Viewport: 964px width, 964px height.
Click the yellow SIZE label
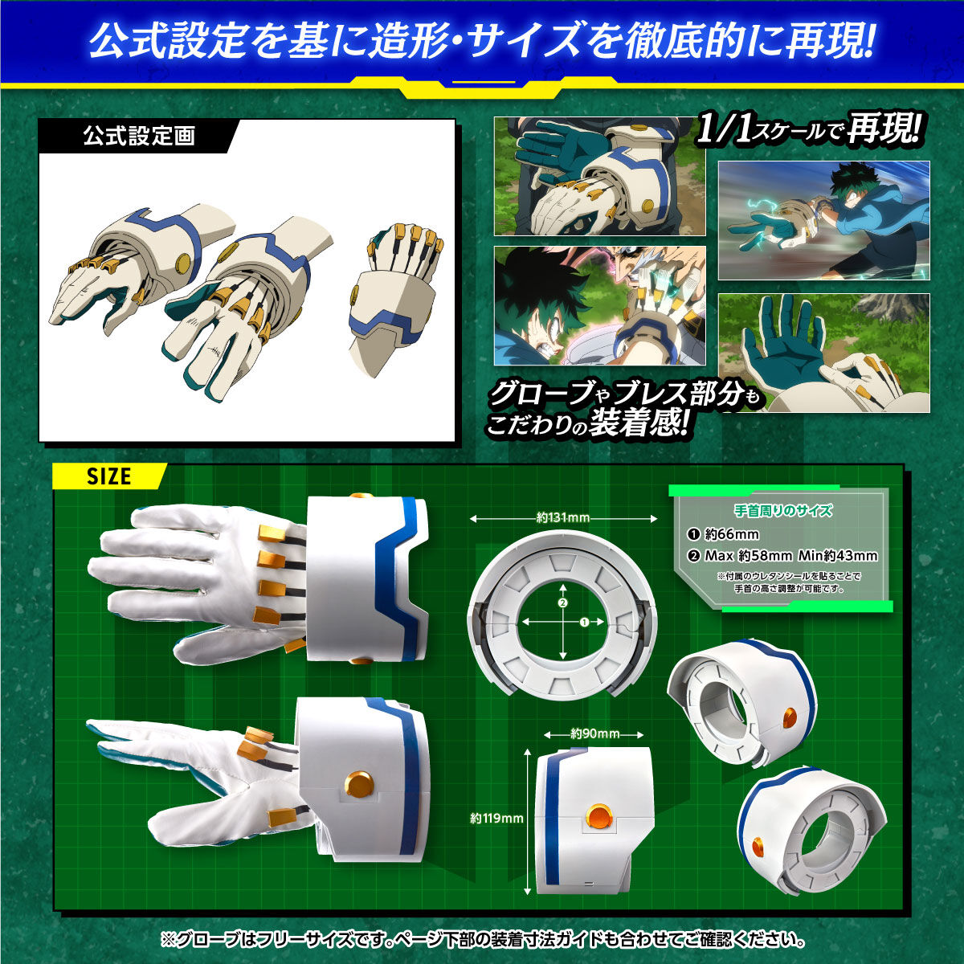tap(108, 476)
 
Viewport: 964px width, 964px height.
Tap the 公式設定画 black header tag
tap(138, 136)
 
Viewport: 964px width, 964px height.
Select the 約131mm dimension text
tap(562, 518)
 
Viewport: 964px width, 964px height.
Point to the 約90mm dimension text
tap(594, 733)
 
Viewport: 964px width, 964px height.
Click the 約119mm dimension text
tap(496, 819)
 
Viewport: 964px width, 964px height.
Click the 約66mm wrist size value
tap(731, 534)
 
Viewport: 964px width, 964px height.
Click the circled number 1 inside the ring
tap(584, 622)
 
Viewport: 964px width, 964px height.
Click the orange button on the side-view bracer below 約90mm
tap(598, 817)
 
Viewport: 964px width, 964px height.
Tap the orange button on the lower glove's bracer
tap(358, 782)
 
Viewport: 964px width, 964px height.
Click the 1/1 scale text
tap(721, 131)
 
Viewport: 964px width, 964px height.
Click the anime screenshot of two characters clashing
tap(599, 305)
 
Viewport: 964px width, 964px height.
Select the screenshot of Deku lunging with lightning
tap(823, 220)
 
